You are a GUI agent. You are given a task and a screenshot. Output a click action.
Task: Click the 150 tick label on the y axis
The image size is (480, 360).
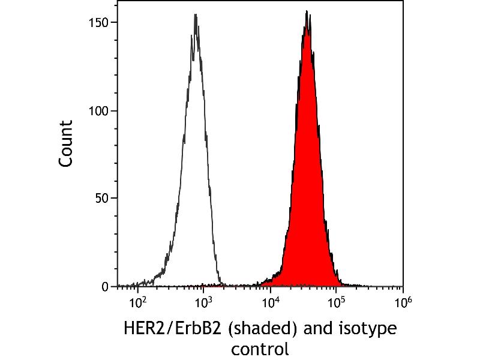click(98, 22)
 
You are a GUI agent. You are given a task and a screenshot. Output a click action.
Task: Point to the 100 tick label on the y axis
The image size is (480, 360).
click(98, 111)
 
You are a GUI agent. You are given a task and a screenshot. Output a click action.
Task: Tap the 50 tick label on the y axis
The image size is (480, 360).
click(101, 199)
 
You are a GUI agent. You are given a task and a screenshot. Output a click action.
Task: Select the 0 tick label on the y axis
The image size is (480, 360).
click(104, 287)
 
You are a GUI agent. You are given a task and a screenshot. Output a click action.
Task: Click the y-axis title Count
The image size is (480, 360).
click(66, 143)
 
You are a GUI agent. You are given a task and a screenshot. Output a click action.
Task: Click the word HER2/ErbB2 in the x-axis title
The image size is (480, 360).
click(172, 329)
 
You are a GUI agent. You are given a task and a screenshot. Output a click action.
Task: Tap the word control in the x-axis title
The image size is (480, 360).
click(260, 349)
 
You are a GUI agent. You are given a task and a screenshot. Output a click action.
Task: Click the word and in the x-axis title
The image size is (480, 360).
click(317, 329)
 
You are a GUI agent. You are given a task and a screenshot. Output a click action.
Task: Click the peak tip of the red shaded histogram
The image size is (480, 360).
click(307, 11)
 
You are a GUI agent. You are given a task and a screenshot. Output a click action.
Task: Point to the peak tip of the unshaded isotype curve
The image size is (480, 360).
click(196, 14)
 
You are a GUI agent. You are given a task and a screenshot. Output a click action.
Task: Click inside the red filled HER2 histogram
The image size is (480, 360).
click(306, 184)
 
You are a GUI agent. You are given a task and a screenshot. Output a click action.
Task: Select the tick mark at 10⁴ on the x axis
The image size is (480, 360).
click(271, 290)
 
